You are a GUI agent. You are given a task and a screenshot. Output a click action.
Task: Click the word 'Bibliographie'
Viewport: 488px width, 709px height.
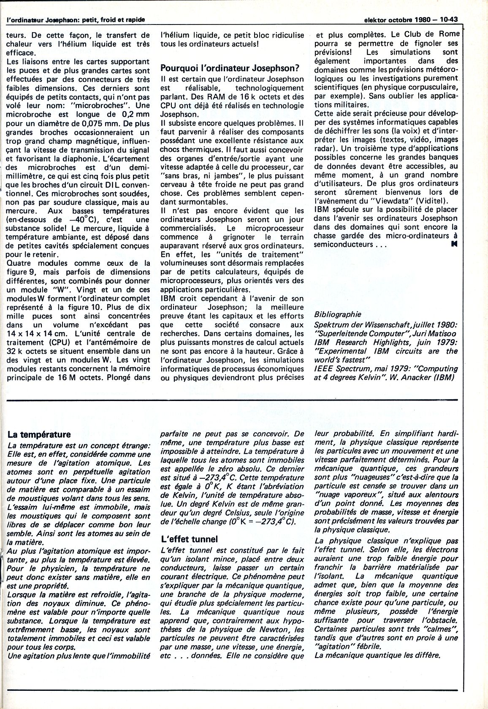(338, 314)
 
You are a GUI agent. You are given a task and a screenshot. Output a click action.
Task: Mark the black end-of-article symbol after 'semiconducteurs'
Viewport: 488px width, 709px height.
(454, 244)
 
